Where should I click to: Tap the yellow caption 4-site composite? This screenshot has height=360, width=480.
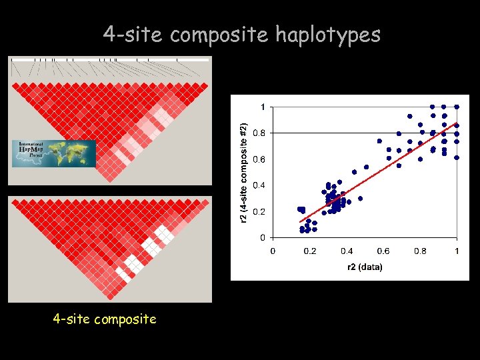pos(105,319)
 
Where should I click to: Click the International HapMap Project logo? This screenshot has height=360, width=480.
pos(54,153)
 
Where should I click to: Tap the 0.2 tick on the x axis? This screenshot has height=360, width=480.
pos(309,251)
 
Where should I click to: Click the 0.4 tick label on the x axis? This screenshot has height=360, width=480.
pos(346,251)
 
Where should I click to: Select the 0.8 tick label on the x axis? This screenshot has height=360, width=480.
pos(420,251)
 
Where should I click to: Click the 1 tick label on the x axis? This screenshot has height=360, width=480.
pos(457,251)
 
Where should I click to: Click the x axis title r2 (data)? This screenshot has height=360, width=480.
pos(365,267)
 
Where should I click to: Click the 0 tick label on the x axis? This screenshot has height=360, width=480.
pos(273,251)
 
